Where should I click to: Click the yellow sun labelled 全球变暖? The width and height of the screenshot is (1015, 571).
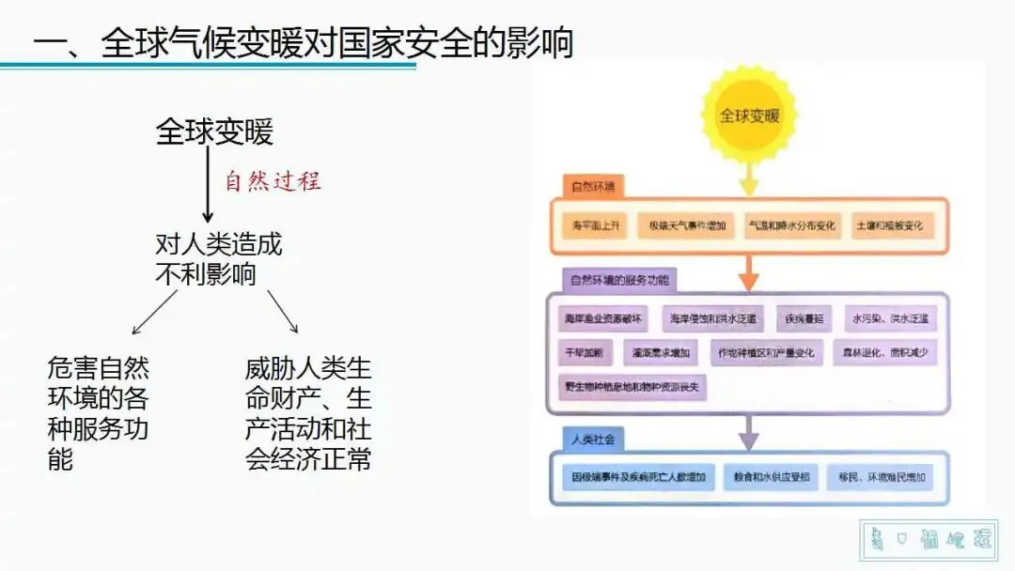point(749,116)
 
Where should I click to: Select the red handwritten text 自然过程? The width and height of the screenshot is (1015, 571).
point(273,181)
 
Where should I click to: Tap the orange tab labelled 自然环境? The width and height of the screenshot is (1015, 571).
point(592,186)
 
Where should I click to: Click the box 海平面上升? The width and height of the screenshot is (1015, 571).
point(591,226)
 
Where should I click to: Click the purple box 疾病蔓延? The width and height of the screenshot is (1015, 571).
point(805,319)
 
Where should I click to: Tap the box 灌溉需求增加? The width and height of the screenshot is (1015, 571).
point(661,353)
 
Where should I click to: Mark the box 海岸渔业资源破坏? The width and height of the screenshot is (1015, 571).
point(602,319)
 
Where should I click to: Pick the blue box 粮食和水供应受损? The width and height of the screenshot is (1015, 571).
point(770,477)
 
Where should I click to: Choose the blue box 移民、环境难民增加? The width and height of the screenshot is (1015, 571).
point(881,477)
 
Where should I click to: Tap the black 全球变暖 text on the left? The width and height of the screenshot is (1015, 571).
point(214,132)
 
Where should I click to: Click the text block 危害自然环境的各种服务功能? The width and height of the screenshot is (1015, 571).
point(98,412)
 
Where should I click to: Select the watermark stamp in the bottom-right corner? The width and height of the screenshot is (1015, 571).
point(929,540)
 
